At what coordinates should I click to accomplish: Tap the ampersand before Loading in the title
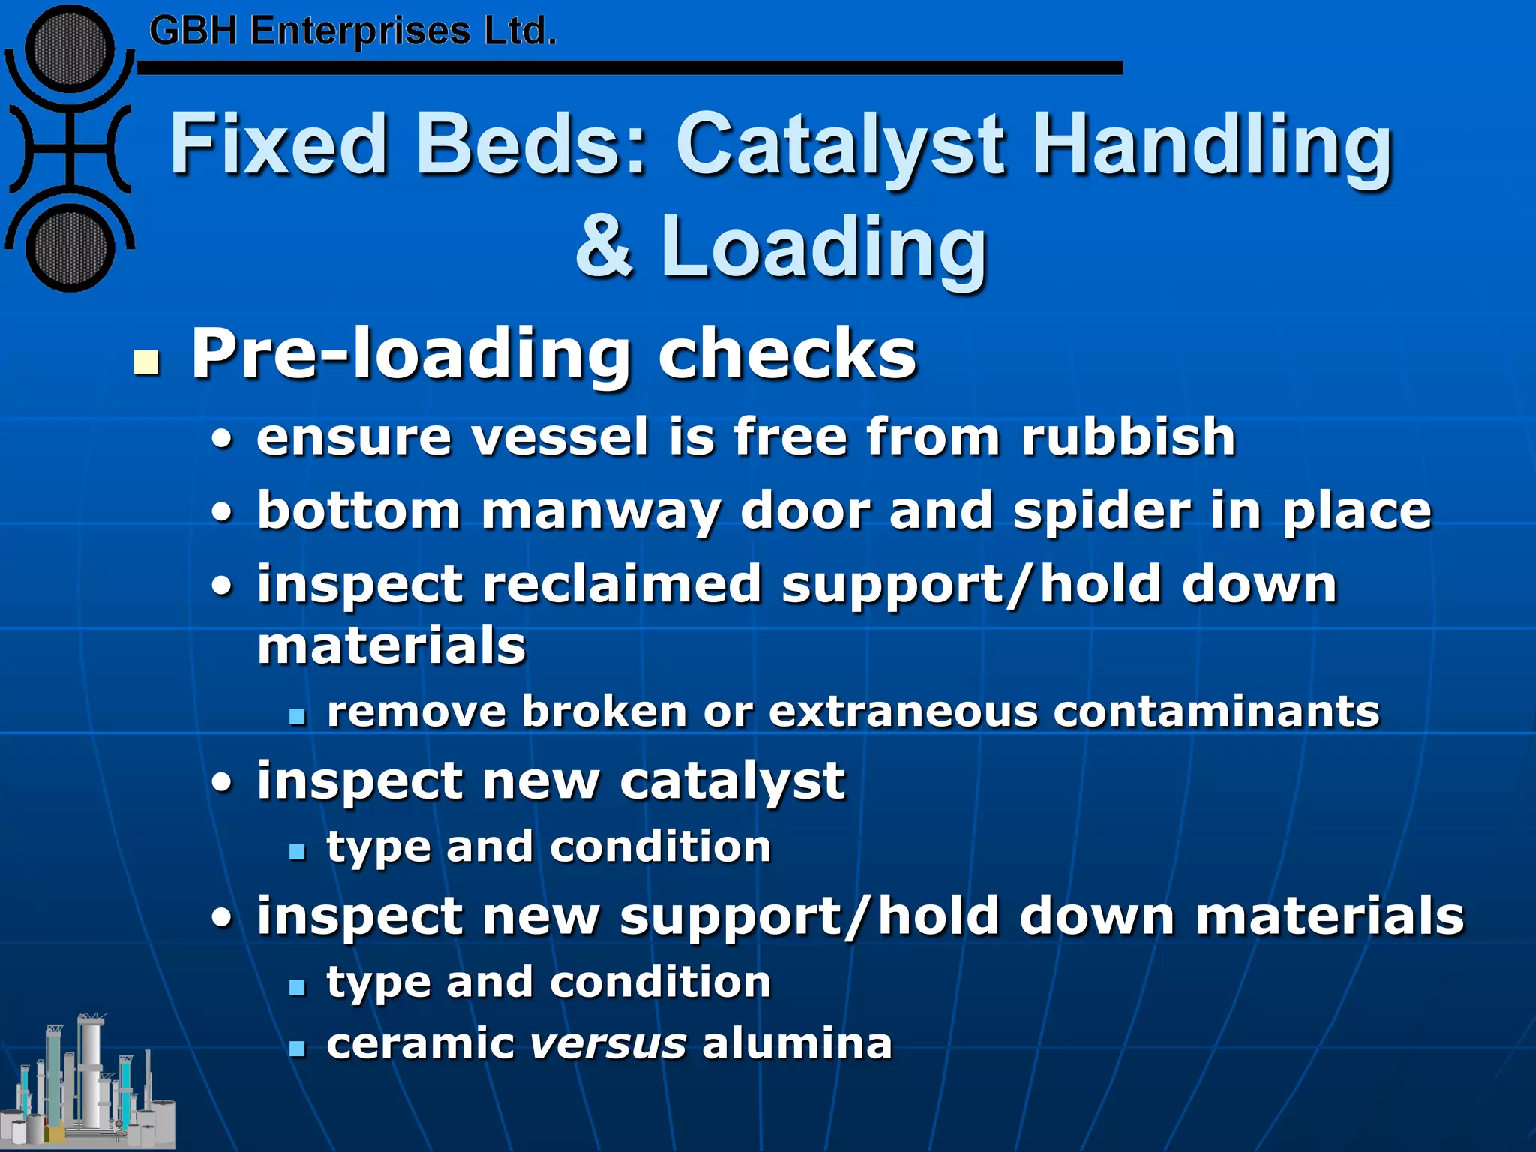click(x=604, y=246)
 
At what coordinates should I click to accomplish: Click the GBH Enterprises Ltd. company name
click(x=352, y=32)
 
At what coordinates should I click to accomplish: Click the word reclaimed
click(x=622, y=584)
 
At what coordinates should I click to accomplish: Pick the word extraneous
click(x=903, y=711)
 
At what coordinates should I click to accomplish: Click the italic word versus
click(x=607, y=1043)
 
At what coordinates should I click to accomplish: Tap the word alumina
click(x=797, y=1043)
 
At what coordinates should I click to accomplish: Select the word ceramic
click(x=420, y=1043)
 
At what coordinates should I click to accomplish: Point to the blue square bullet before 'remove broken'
click(x=298, y=716)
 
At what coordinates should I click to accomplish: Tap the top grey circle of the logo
click(x=70, y=49)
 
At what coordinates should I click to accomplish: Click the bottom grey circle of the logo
click(x=70, y=247)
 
